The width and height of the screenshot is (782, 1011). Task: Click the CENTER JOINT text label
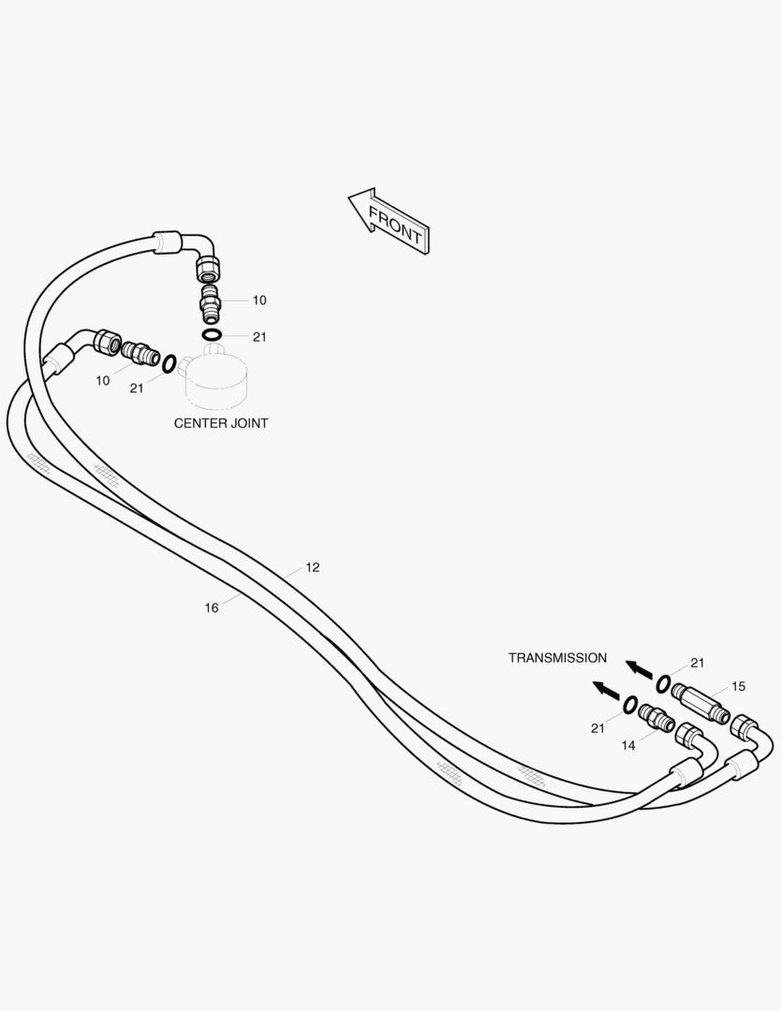click(x=221, y=424)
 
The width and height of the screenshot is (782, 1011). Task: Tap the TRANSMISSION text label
click(x=557, y=658)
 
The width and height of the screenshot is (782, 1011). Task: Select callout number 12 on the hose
click(x=312, y=567)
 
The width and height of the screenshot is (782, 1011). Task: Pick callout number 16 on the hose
click(x=212, y=608)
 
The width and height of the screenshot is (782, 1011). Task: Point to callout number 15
click(x=738, y=687)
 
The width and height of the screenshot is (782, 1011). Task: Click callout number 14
click(x=628, y=745)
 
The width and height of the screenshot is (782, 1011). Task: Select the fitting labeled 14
click(x=657, y=719)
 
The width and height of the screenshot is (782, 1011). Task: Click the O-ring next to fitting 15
click(x=663, y=683)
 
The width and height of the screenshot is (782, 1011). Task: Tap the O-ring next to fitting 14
click(x=630, y=705)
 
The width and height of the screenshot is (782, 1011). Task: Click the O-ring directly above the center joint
click(x=213, y=334)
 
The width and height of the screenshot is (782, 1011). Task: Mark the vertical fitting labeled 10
click(x=211, y=305)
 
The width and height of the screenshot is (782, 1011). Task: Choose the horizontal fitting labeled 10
click(x=140, y=352)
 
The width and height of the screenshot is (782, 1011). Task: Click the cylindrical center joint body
click(x=214, y=378)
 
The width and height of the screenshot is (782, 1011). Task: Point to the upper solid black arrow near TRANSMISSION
click(x=639, y=669)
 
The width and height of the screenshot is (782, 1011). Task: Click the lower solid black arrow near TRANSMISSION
click(x=607, y=690)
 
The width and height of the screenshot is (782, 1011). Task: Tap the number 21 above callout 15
click(x=698, y=663)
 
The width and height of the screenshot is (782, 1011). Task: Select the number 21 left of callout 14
click(x=598, y=728)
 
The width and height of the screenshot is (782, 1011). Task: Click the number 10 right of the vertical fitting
click(x=259, y=300)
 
